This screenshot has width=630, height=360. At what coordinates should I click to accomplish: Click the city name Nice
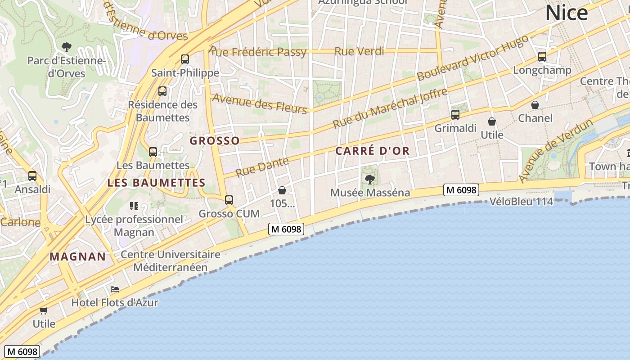coord(566,13)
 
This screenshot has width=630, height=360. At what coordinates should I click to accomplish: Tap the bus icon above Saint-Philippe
coord(184,59)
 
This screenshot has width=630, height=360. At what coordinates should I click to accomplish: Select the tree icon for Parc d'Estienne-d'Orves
coord(66,46)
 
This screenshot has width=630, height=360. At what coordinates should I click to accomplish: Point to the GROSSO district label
coord(215,141)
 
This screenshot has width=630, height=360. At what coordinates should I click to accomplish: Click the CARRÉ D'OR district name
coord(373,151)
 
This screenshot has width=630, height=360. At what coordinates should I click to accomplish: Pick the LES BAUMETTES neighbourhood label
coord(156,183)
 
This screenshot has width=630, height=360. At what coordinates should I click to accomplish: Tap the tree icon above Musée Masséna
coord(370,180)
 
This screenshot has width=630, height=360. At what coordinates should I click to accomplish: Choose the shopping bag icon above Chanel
coord(535,105)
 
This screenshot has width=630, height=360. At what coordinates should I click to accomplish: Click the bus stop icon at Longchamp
coord(542,57)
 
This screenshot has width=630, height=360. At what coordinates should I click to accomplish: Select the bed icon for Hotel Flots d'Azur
coord(115,289)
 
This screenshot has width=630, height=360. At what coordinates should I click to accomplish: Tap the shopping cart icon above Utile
coord(44,310)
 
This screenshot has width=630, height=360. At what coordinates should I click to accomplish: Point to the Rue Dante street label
coord(262,167)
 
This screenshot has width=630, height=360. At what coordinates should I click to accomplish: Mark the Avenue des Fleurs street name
coord(260,103)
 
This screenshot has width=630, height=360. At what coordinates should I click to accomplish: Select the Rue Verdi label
coord(359,51)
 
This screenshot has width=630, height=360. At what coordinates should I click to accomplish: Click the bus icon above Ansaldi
coord(32,176)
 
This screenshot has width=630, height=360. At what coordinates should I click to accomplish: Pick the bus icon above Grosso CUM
coord(229,200)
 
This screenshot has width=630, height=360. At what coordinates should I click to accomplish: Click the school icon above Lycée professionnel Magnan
coord(134,206)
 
